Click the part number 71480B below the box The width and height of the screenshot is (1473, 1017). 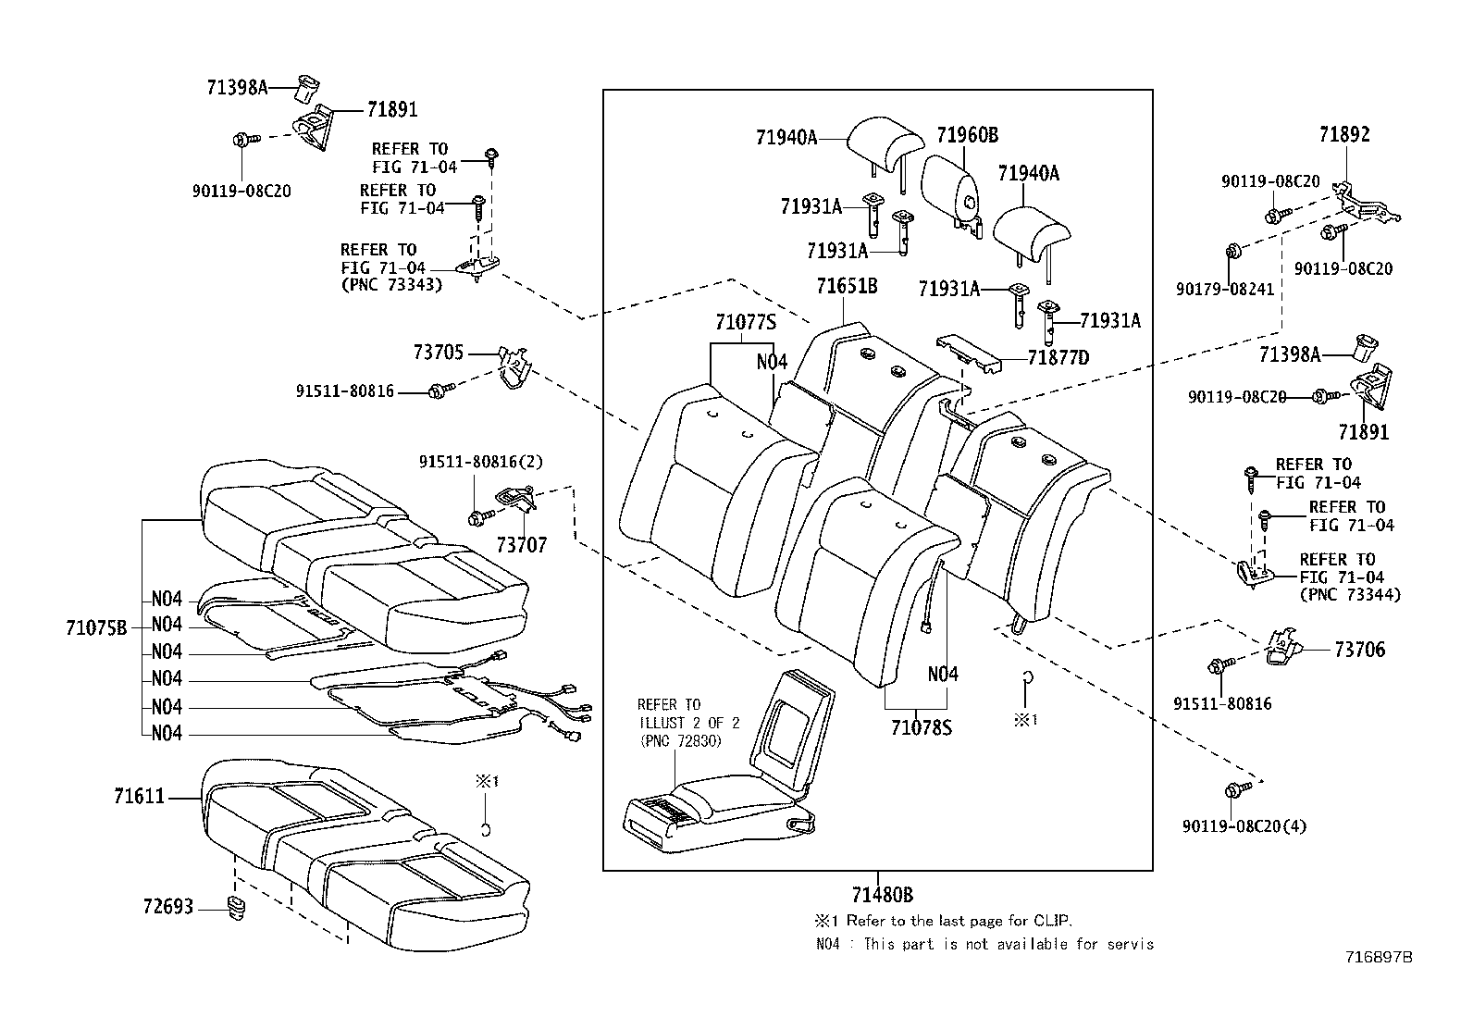882,895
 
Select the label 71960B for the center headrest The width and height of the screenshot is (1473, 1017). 966,136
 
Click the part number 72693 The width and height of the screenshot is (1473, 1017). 167,906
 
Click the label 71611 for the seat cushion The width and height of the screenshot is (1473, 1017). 139,796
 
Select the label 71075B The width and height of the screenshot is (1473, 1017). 95,628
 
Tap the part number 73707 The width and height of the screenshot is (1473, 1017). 521,545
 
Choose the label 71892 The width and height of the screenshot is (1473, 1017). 1343,134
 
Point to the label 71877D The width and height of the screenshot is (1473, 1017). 1058,358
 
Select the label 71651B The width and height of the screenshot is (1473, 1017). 846,287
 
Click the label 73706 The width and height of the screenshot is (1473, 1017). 1359,650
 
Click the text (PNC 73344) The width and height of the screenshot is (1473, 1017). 1349,595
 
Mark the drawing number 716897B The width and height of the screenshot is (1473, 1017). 1379,958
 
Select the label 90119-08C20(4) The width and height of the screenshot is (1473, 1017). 1244,826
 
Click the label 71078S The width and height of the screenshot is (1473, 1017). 921,727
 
